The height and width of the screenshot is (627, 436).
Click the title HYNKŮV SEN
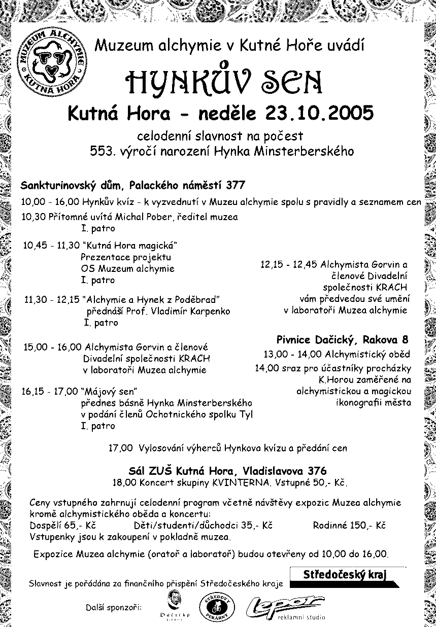coord(225,81)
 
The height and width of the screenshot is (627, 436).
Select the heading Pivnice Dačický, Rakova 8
coord(342,339)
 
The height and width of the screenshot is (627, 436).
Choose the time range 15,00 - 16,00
coord(52,347)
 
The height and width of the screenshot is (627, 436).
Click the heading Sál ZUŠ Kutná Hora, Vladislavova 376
coord(227,470)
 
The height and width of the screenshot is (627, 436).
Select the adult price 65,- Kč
coord(81,525)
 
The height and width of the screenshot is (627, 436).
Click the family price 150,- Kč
coord(367,525)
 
